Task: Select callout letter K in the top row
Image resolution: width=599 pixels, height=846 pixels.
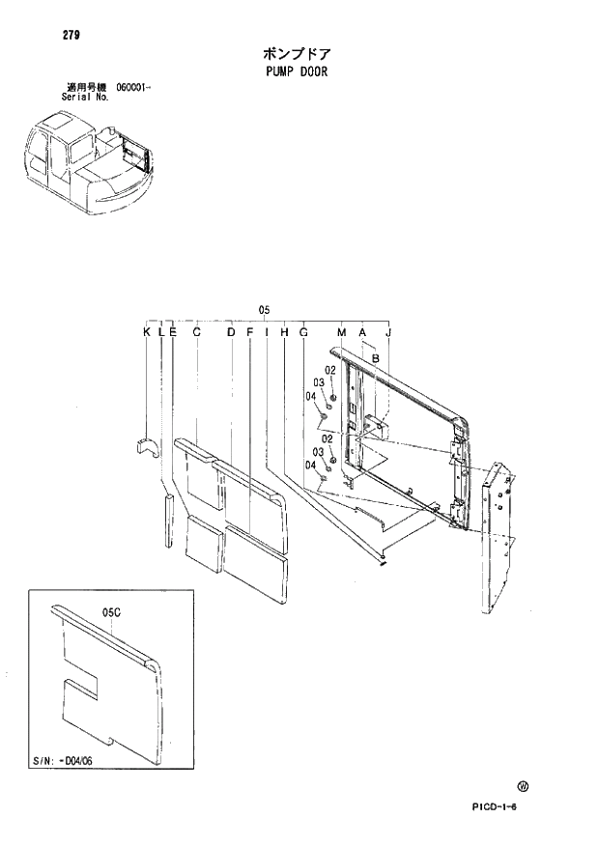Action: [x=147, y=332]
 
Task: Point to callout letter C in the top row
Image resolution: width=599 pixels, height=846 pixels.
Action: [x=196, y=332]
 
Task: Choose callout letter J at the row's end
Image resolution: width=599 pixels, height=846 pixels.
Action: [x=388, y=332]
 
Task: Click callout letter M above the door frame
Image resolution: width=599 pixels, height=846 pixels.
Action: [x=341, y=332]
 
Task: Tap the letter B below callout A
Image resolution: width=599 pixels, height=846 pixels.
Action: [x=375, y=358]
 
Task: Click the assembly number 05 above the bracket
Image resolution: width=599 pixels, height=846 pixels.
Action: [x=264, y=309]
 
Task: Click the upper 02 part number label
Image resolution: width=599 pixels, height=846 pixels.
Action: [x=329, y=370]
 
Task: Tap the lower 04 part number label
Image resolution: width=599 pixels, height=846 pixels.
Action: [x=311, y=465]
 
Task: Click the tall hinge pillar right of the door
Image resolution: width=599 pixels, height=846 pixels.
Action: [x=495, y=536]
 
